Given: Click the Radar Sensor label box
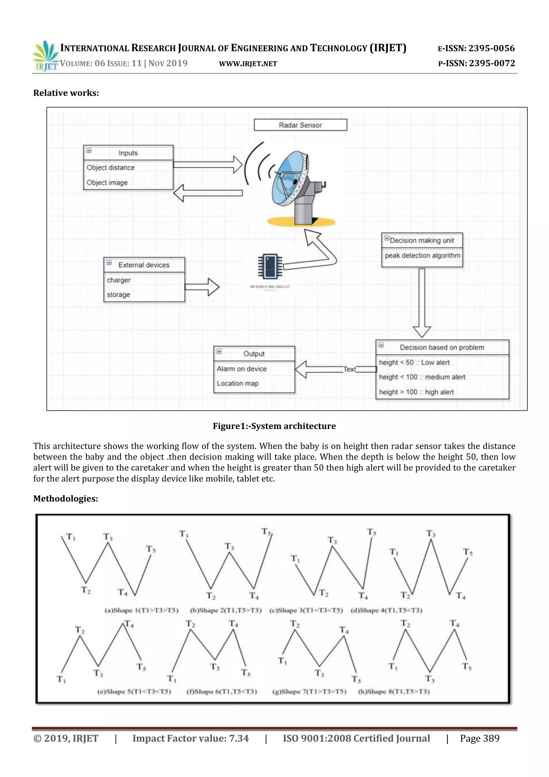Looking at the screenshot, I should coord(300,125).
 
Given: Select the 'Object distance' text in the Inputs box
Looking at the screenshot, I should coord(110,167).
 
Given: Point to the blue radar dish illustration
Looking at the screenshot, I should coord(291,181).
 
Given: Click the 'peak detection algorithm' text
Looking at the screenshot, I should coord(422,256).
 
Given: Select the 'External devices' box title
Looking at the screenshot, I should coord(144,265).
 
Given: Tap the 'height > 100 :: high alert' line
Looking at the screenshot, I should coord(416,392).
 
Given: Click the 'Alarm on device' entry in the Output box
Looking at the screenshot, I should coord(242,369).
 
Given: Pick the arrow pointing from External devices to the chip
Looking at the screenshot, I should coord(202,287).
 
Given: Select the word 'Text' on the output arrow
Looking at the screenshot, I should coord(350,369).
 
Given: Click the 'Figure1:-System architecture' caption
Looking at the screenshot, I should coord(274,426).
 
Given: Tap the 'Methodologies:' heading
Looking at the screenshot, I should coord(66,498).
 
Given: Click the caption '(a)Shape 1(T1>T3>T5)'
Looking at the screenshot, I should coord(141,610).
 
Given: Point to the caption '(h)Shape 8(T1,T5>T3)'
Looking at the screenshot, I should coord(394,691).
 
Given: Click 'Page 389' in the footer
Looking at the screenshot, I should coord(479,738).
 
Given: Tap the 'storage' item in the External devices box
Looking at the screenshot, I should coord(118,294).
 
